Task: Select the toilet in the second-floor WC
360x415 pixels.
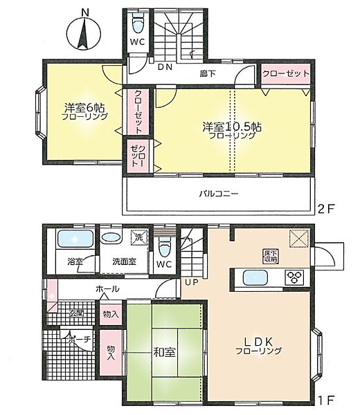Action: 138,25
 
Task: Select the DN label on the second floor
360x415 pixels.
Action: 164,67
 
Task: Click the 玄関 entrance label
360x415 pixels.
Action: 75,313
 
